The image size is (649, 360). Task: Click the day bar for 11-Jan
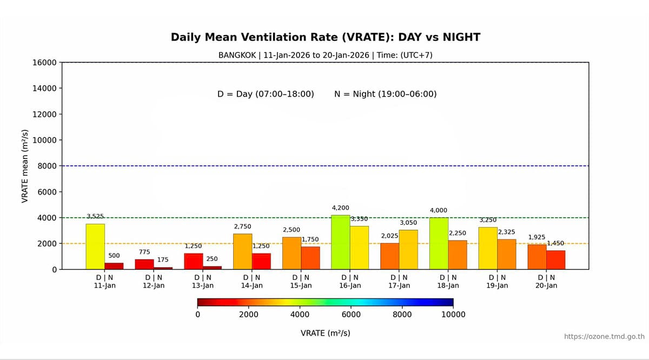coord(95,246)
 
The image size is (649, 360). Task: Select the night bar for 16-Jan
coord(359,248)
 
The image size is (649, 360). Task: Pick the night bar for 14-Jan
coord(261,261)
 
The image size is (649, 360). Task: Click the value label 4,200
coord(340,208)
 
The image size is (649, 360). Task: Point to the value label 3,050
coord(408,223)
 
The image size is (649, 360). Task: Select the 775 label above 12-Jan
coord(144,252)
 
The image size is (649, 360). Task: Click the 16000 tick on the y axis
coord(45,62)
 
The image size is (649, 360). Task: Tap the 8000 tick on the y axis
coord(48,166)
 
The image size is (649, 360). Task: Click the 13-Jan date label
coord(203,285)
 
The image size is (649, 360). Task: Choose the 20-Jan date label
coord(546,285)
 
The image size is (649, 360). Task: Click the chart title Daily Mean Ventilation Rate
coord(326,37)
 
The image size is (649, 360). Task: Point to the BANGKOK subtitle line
coord(326,55)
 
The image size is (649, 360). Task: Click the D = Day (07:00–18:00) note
coord(266,94)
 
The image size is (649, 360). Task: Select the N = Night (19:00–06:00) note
coord(386,94)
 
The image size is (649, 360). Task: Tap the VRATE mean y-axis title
coord(24,166)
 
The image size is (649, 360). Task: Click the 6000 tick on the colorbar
coord(351,315)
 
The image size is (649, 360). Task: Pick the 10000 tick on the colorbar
coord(453,315)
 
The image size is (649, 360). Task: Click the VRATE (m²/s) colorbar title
coord(326,333)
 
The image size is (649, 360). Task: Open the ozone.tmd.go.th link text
coord(604,336)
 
